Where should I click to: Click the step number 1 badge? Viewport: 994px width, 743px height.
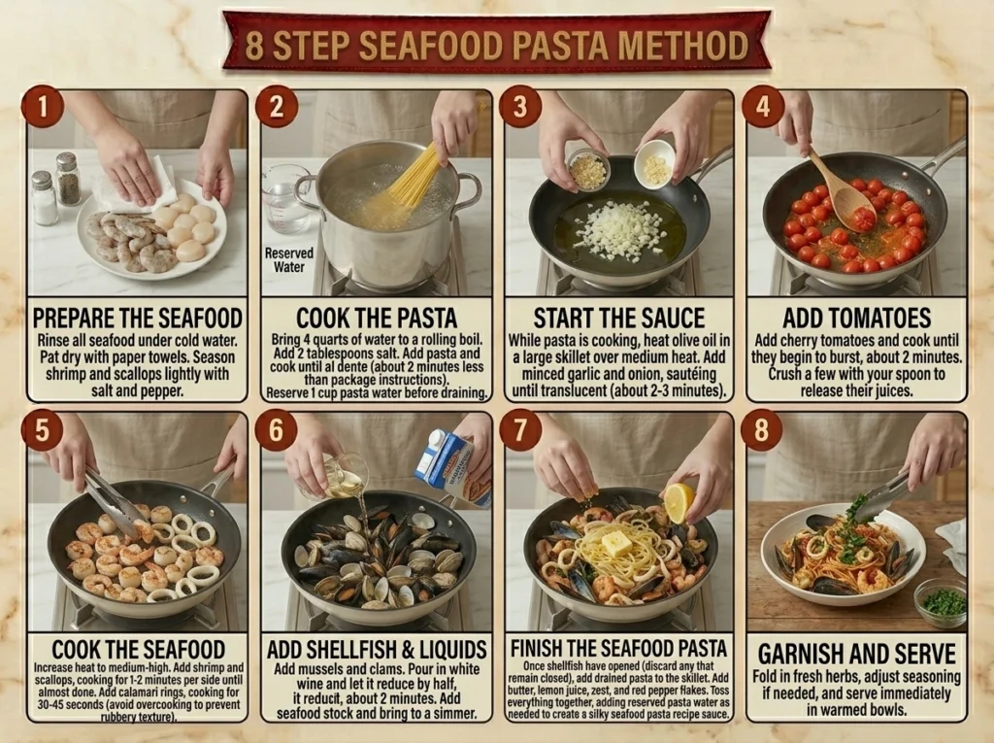click(x=42, y=106)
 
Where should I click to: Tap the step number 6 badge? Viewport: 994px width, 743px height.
click(x=276, y=429)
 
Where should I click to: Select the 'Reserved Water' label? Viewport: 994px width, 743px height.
click(x=289, y=259)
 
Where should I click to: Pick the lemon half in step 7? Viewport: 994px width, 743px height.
click(x=679, y=502)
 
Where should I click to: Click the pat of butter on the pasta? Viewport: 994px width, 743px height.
click(x=616, y=544)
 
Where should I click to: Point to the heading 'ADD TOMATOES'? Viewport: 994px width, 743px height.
click(x=856, y=318)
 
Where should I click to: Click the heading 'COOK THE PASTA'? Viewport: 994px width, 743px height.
click(x=377, y=318)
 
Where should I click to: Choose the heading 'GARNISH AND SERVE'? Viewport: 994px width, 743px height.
click(x=856, y=654)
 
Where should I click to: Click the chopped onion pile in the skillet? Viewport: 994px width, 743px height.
click(x=618, y=228)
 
